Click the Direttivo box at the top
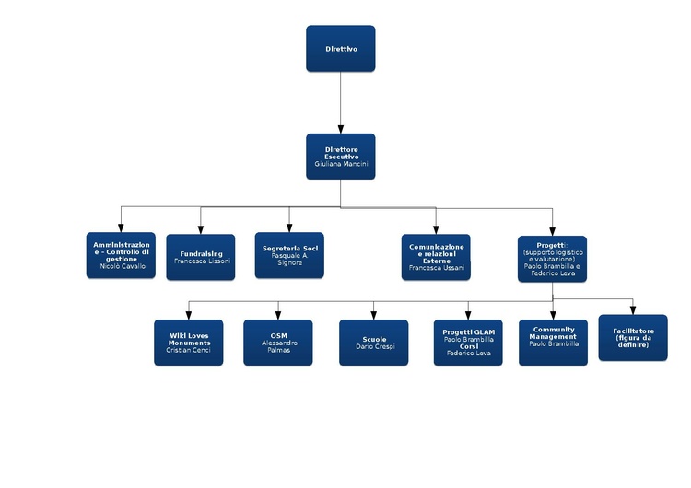[341, 48]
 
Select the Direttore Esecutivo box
[341, 156]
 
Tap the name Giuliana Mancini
[341, 164]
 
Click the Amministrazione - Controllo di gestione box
[121, 254]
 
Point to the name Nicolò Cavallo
[121, 266]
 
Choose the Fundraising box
[201, 256]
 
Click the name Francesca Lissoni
[201, 261]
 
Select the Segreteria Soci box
[289, 255]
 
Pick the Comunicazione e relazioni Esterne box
[436, 256]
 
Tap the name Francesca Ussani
[436, 268]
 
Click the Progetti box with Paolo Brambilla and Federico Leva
[553, 259]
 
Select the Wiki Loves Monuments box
[189, 342]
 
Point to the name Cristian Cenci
[189, 351]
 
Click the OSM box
[278, 342]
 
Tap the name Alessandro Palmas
[278, 346]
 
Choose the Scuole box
[374, 342]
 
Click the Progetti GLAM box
[468, 342]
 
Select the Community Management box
[553, 342]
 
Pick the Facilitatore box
[633, 337]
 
